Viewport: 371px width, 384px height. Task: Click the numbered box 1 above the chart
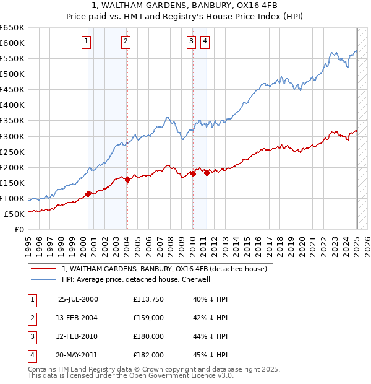[x=85, y=41]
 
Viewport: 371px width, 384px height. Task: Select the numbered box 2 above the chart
[x=126, y=41]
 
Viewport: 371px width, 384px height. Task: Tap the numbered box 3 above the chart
[x=191, y=41]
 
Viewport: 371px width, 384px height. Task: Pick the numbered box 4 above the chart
[x=205, y=41]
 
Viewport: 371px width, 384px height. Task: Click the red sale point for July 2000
[x=88, y=194]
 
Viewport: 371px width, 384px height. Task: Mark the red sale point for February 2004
[x=127, y=180]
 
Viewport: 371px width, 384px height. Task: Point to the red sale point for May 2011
[x=207, y=173]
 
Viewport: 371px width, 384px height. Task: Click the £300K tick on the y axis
[x=12, y=136]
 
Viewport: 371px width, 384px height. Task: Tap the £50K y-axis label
[x=14, y=214]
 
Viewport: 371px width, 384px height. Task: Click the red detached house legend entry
[x=164, y=269]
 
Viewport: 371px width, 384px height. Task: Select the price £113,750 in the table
[x=148, y=299]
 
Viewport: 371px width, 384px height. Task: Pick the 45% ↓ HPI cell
[x=210, y=355]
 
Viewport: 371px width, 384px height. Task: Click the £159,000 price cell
[x=148, y=318]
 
